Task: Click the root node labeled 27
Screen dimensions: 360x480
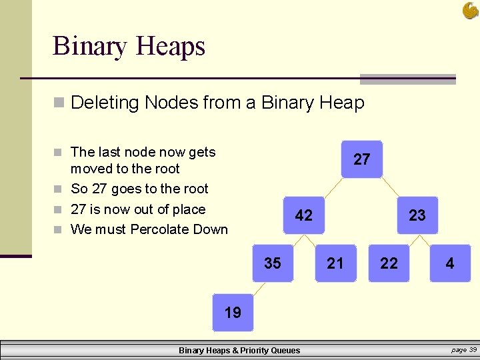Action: [x=361, y=159]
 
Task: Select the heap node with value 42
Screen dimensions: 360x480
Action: [x=303, y=215]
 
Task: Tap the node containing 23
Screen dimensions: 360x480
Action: [x=417, y=215]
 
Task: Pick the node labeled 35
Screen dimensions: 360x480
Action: [x=273, y=263]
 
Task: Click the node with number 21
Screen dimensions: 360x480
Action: [x=335, y=263]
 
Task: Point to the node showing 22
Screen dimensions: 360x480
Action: [x=389, y=263]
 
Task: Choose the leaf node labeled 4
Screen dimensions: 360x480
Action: [x=450, y=263]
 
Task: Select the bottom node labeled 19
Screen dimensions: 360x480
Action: [x=233, y=313]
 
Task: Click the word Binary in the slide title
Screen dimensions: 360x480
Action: [x=90, y=47]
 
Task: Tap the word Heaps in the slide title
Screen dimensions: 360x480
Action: [x=170, y=47]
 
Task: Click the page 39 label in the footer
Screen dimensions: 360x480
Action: [x=464, y=349]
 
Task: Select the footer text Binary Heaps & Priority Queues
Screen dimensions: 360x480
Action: [x=239, y=350]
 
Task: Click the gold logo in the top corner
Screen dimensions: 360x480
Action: [x=470, y=10]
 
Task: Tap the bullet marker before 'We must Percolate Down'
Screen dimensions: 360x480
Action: [x=59, y=230]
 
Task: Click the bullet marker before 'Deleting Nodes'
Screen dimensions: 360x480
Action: [x=59, y=103]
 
